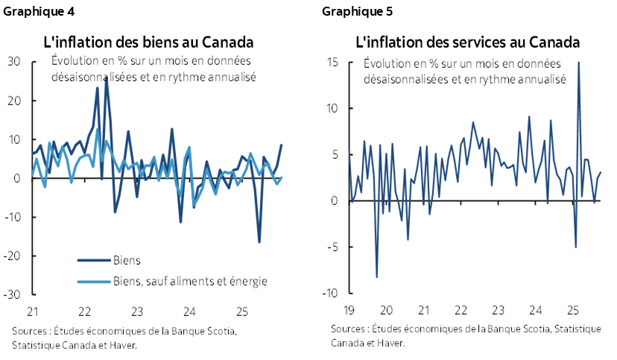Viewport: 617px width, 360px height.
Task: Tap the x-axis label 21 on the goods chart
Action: (x=33, y=312)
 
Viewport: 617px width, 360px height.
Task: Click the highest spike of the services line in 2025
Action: (x=578, y=63)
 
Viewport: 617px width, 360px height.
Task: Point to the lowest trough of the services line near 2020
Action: (x=376, y=277)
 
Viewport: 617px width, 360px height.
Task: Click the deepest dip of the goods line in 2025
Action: (x=259, y=241)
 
